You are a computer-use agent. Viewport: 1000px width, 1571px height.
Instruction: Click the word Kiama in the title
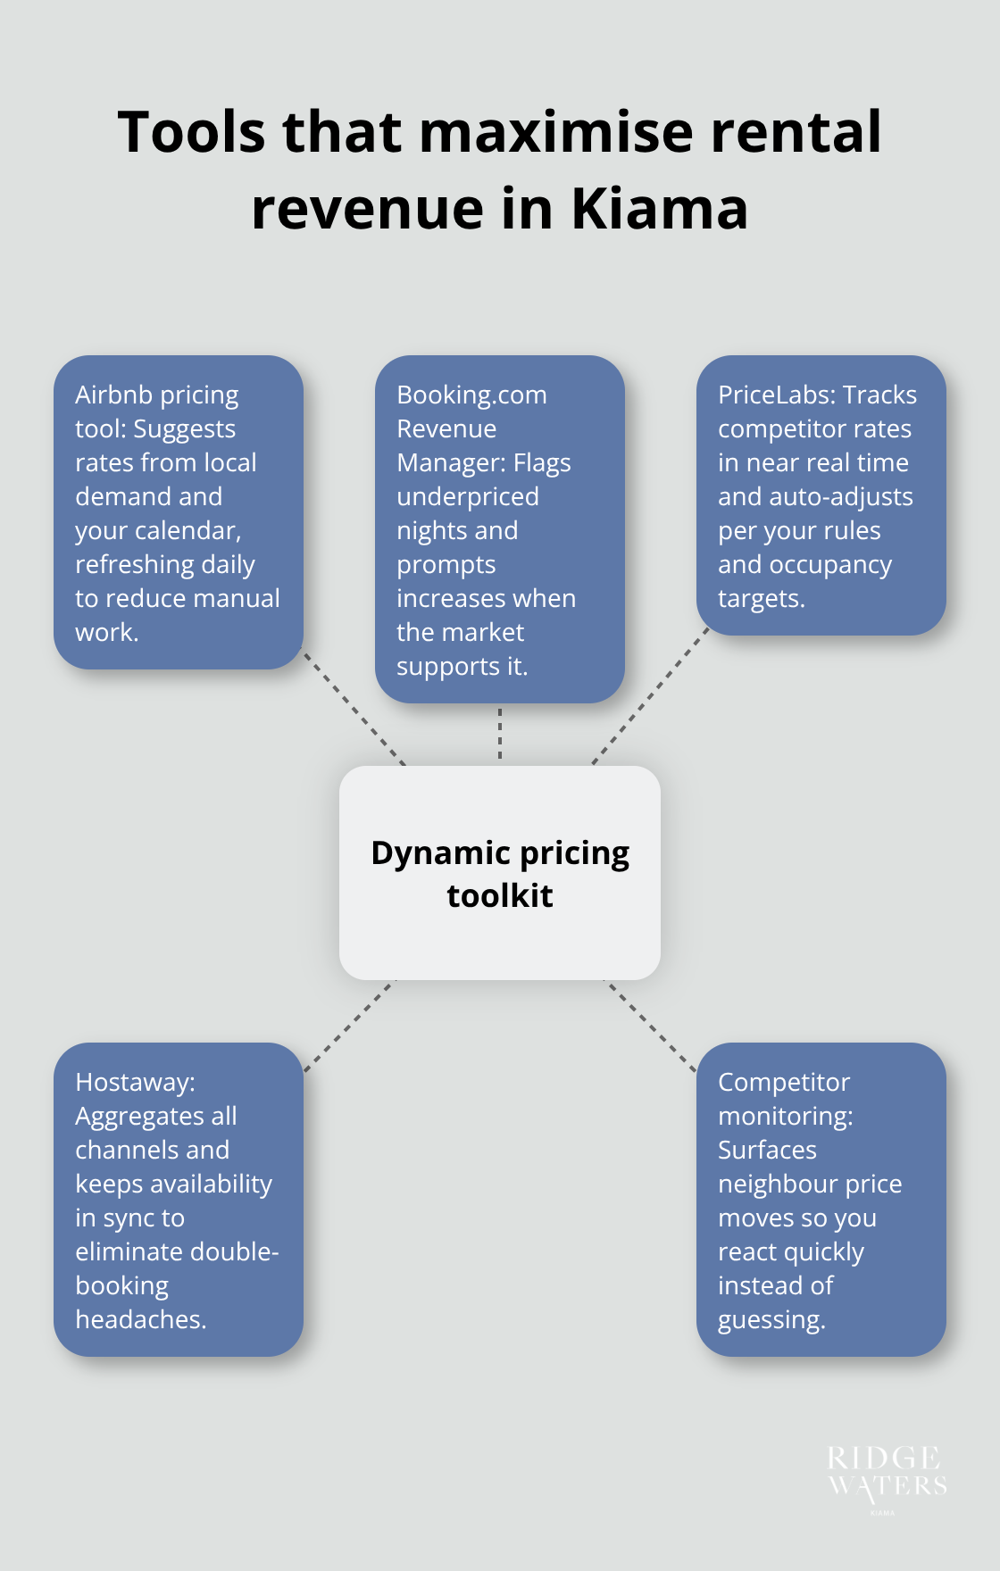(659, 209)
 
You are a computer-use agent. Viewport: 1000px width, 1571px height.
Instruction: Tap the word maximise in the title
(555, 132)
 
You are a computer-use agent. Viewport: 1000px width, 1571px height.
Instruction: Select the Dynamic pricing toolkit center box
(500, 873)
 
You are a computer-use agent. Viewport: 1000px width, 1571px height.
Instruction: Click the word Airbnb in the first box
(113, 395)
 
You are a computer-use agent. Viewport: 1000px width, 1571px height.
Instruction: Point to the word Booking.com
(471, 395)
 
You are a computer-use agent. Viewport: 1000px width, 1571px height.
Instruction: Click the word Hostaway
(134, 1082)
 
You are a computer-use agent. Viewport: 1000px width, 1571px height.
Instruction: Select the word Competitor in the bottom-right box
(784, 1082)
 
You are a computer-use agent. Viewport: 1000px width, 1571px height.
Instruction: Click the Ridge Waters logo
(886, 1473)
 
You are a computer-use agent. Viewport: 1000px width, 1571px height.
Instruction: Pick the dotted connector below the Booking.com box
(500, 734)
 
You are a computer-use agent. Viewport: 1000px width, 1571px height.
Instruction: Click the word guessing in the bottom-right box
(770, 1319)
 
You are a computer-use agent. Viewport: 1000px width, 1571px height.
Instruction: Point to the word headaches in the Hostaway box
(139, 1319)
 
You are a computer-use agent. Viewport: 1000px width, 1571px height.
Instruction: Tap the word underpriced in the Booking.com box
(468, 496)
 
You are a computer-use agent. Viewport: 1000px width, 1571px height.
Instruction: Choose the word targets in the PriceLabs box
(760, 598)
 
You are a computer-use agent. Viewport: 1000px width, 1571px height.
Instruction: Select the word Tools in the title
(191, 132)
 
